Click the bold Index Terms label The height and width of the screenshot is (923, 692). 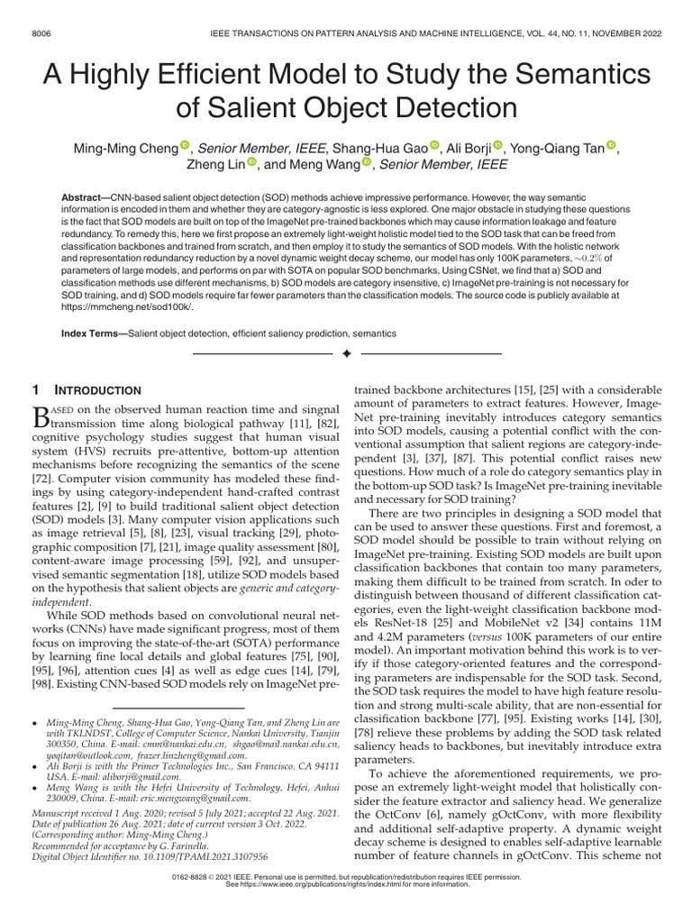(x=93, y=334)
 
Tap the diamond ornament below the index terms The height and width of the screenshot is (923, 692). (x=346, y=354)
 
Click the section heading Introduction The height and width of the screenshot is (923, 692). (x=99, y=390)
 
